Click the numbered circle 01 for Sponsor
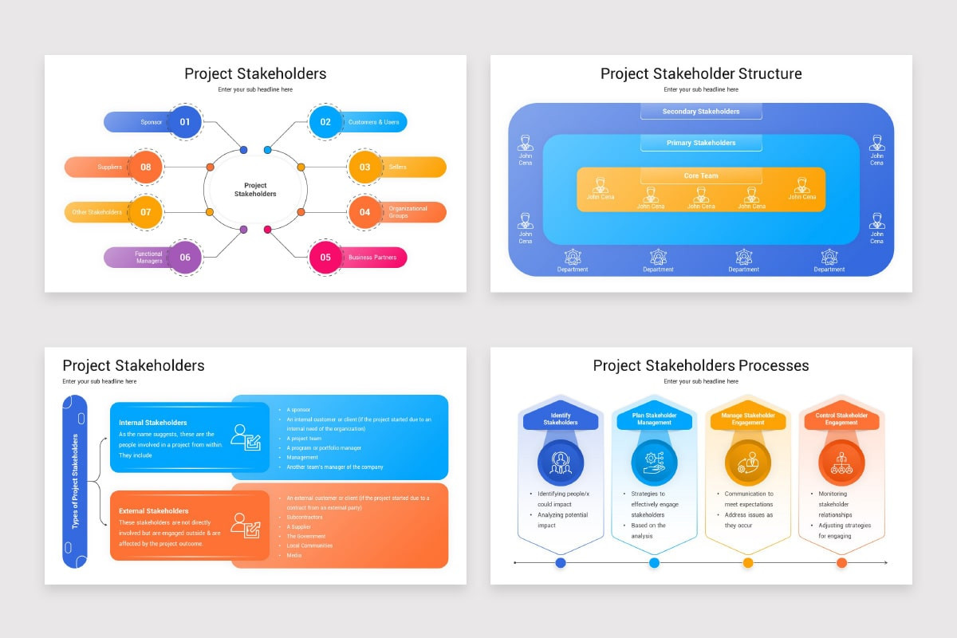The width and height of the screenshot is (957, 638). click(x=185, y=122)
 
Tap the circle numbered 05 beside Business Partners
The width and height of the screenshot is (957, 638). click(x=325, y=258)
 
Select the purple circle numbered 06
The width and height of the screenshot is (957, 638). click(x=185, y=258)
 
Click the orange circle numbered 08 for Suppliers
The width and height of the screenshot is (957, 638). click(x=146, y=167)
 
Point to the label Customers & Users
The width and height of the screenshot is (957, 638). click(x=373, y=122)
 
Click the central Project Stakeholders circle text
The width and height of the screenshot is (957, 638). click(x=255, y=190)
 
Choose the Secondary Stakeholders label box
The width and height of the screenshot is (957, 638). click(x=701, y=112)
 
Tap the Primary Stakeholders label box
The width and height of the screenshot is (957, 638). click(x=701, y=143)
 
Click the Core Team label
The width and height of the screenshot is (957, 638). click(x=701, y=175)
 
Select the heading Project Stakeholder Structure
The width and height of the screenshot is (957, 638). click(x=701, y=74)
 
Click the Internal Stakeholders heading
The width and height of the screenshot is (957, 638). click(x=153, y=423)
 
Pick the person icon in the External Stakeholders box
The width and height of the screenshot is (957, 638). click(x=246, y=525)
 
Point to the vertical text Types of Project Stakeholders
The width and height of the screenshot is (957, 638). click(x=75, y=481)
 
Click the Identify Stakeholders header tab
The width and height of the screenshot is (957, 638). click(x=561, y=419)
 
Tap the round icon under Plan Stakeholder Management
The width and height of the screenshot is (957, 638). click(x=654, y=461)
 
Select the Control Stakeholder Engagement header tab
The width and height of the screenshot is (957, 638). click(x=841, y=419)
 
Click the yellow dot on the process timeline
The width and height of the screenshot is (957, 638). click(x=748, y=563)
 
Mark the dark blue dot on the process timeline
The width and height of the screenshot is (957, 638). click(x=561, y=563)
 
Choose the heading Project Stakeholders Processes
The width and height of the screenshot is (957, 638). click(x=701, y=366)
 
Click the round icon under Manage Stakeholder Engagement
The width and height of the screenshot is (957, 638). click(x=748, y=461)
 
